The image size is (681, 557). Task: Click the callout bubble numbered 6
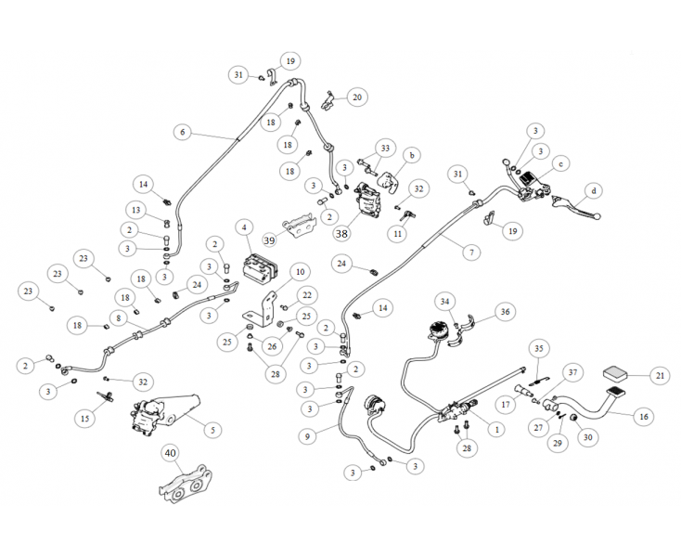[x=182, y=133]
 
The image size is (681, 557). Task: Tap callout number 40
[x=170, y=454]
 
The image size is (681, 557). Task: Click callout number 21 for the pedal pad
[x=660, y=376]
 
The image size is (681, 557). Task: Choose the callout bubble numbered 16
[x=643, y=417]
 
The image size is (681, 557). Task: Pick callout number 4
[x=243, y=227]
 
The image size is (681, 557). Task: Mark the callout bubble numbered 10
[x=299, y=271]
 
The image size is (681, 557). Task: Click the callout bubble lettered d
[x=594, y=191]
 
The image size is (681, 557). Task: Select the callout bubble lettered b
[x=411, y=154]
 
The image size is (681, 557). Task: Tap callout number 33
[x=386, y=148]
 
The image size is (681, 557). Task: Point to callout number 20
[x=358, y=97]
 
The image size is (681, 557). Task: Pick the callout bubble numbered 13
[x=135, y=210]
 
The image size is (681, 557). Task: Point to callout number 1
[x=497, y=430]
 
